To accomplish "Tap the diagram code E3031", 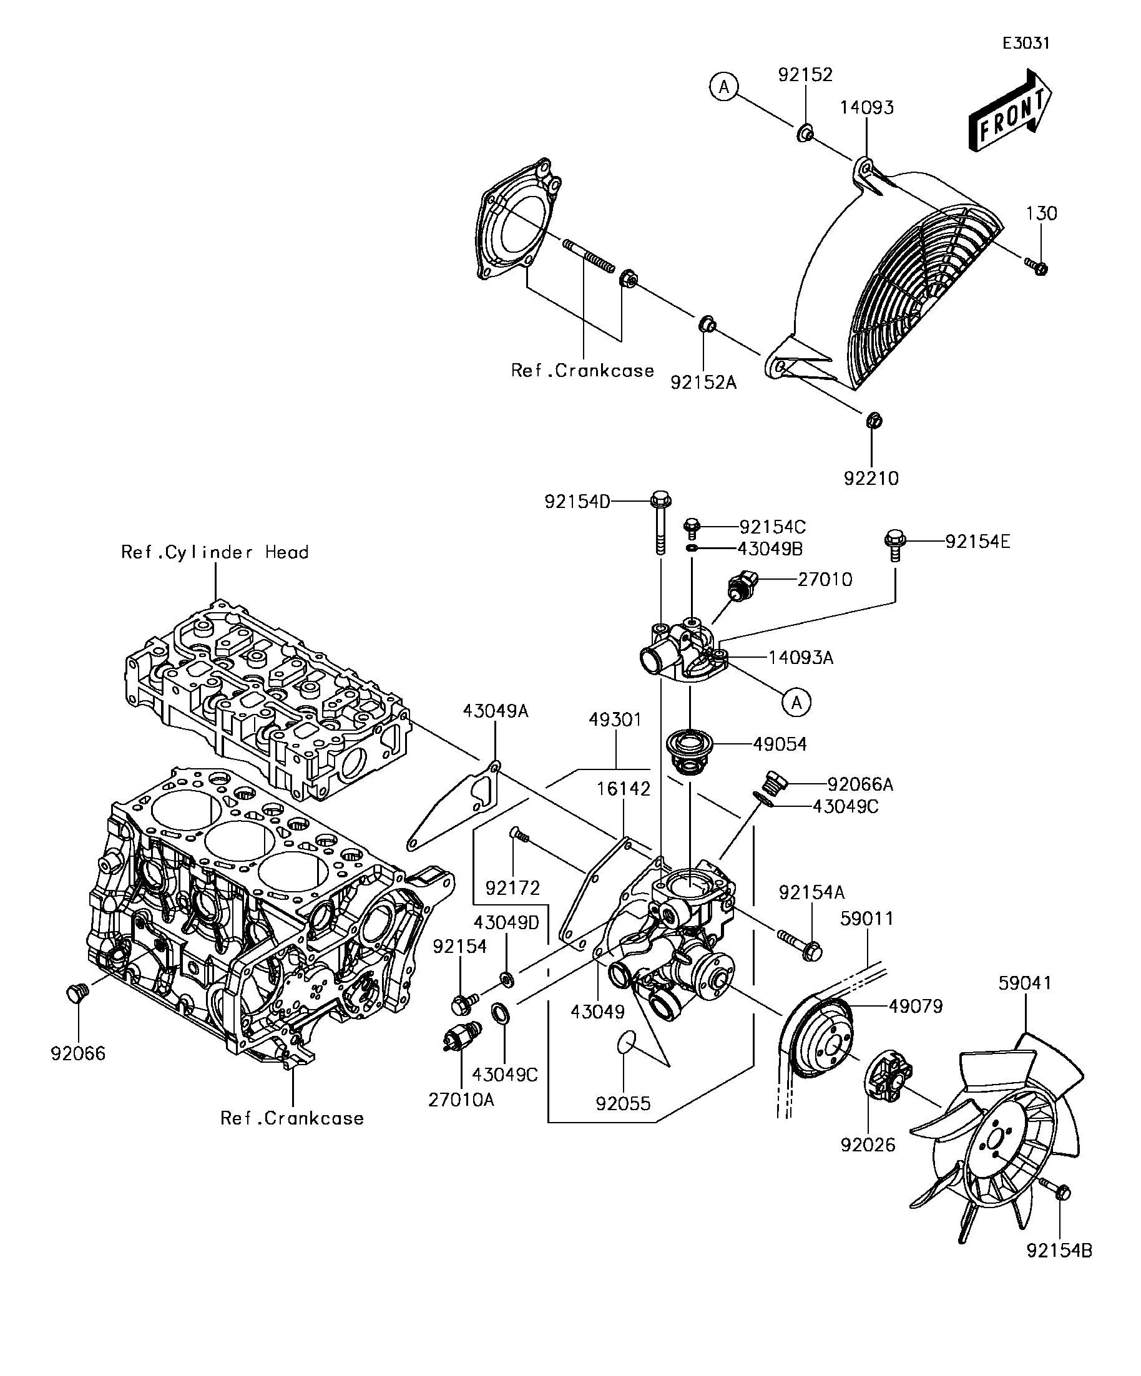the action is pyautogui.click(x=1026, y=43).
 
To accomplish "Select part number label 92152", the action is pyautogui.click(x=805, y=75).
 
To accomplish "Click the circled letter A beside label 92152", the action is pyautogui.click(x=723, y=87).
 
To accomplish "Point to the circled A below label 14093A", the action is pyautogui.click(x=796, y=703).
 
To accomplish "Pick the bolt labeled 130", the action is pyautogui.click(x=1036, y=266).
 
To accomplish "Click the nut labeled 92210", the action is pyautogui.click(x=873, y=420).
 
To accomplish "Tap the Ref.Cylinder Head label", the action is pyautogui.click(x=215, y=552).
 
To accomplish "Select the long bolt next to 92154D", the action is pyautogui.click(x=660, y=522).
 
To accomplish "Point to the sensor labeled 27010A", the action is pyautogui.click(x=461, y=1038).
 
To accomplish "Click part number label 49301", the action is pyautogui.click(x=615, y=720).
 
